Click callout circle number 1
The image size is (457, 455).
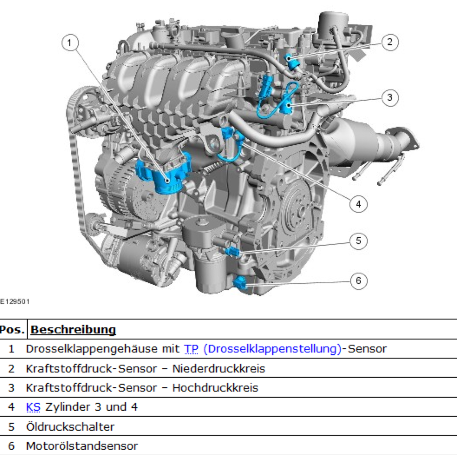click(70, 43)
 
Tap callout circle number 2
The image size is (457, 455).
click(390, 42)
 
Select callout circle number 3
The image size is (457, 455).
click(390, 97)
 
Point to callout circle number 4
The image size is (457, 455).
click(358, 204)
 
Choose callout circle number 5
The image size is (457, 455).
click(358, 241)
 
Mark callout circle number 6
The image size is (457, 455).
click(358, 281)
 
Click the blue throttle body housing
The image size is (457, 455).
click(163, 174)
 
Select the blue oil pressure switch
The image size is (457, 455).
click(232, 251)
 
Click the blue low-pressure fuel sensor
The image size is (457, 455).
click(292, 62)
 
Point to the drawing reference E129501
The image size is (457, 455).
click(15, 301)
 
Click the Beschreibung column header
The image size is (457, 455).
click(73, 330)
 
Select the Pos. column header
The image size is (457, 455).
click(12, 330)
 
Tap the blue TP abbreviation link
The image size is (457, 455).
click(191, 349)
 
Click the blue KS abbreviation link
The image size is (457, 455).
click(33, 407)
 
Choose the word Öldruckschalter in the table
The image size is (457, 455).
click(70, 427)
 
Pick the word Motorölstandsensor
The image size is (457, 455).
click(82, 446)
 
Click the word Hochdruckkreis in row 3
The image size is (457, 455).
click(215, 388)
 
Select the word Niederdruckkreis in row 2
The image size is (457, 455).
click(219, 368)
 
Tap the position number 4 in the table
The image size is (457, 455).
click(11, 407)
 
